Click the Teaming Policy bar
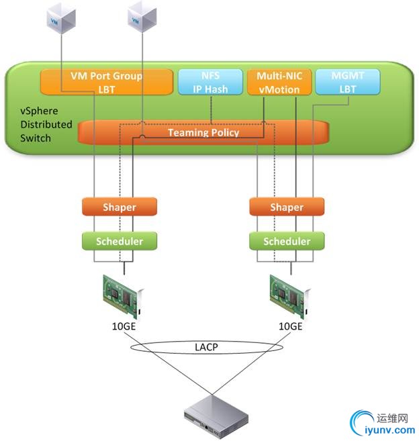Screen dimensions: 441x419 203,132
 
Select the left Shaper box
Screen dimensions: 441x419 120,207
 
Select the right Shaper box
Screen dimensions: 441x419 287,207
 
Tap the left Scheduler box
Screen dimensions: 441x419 120,241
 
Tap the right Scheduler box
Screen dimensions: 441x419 287,241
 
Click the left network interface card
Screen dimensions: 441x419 121,293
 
